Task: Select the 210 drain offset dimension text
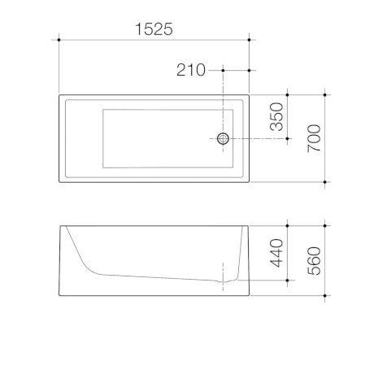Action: click(192, 71)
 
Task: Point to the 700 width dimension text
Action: click(314, 137)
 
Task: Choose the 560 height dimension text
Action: click(314, 258)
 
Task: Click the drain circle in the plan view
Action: click(222, 139)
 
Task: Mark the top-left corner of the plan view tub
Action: click(59, 94)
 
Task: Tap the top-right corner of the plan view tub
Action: click(248, 94)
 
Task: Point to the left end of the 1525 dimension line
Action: click(59, 38)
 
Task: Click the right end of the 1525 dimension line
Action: click(248, 38)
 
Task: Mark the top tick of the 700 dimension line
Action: click(326, 94)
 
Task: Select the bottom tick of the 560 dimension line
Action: click(326, 294)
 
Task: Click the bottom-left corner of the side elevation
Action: click(59, 294)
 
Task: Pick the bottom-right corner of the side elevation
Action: click(248, 294)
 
